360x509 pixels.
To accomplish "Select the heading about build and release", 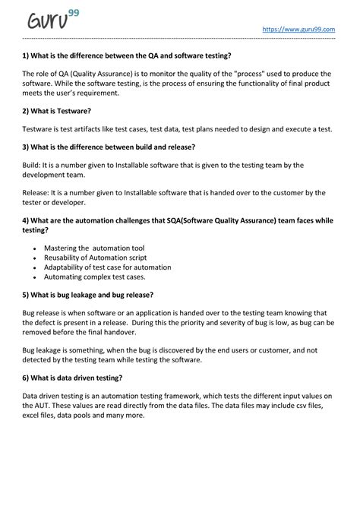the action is [x=109, y=147].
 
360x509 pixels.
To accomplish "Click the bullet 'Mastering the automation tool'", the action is [x=94, y=248].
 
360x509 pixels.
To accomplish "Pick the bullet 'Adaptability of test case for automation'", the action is [x=107, y=267].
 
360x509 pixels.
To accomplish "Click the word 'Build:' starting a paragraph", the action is [x=33, y=165].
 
